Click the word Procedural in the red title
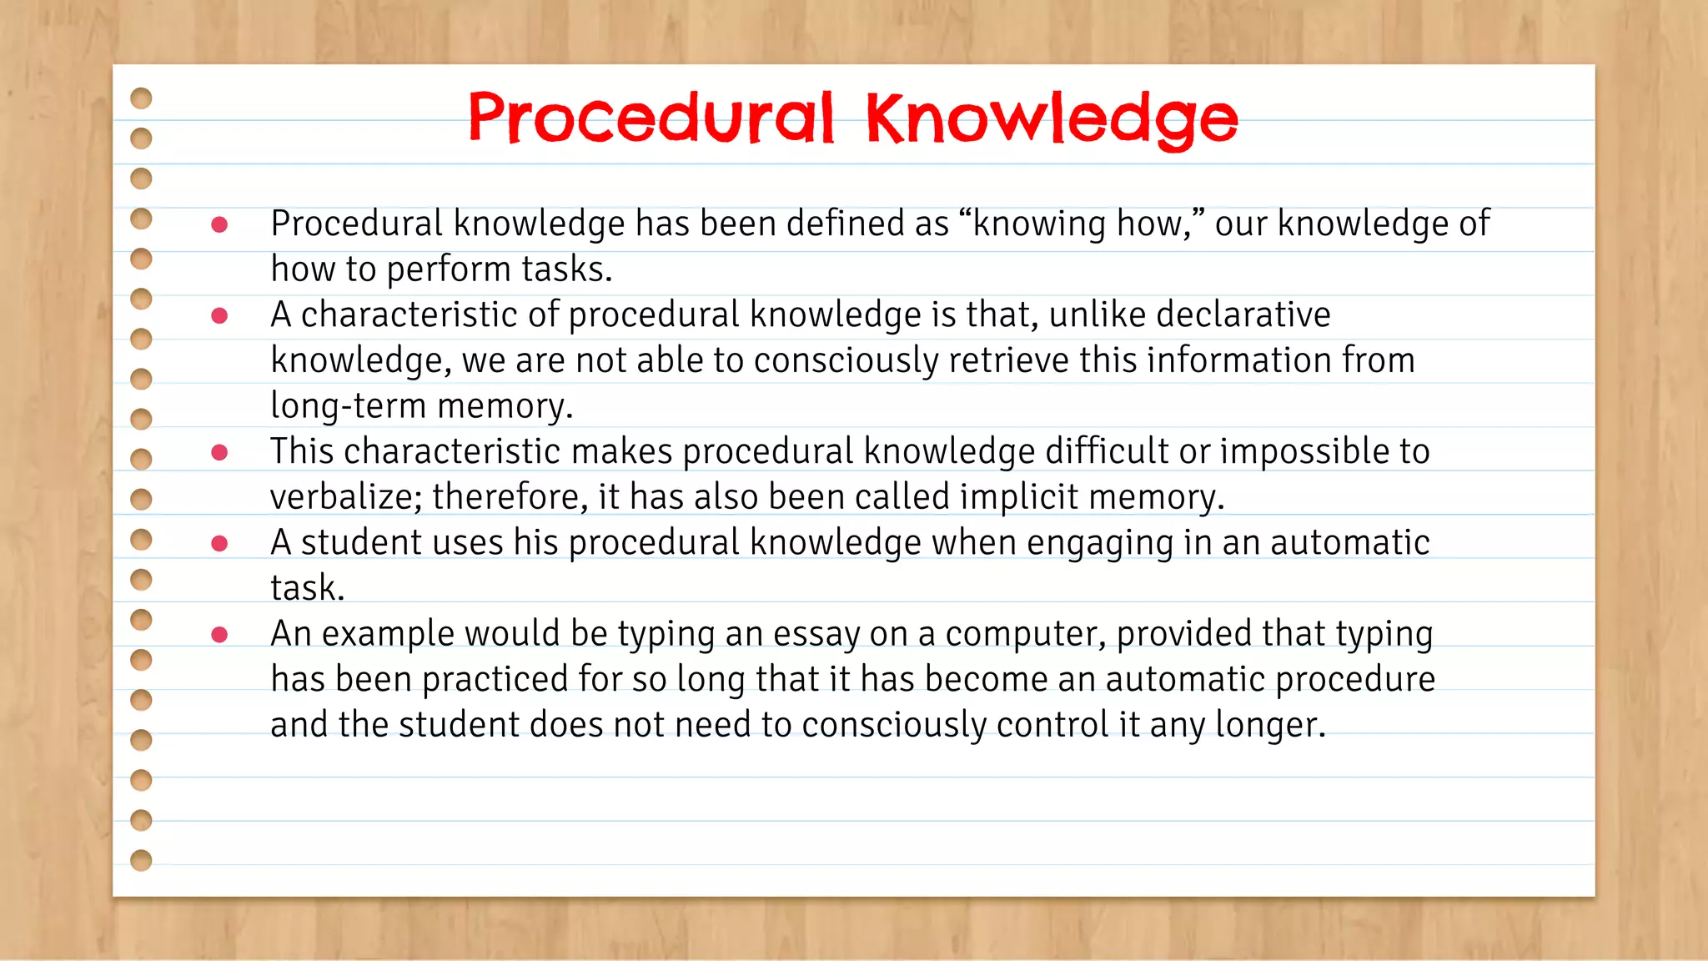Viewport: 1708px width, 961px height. point(651,118)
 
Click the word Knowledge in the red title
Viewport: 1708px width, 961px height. point(1052,118)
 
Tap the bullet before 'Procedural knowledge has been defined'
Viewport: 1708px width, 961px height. point(219,224)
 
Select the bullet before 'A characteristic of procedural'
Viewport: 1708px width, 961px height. point(219,315)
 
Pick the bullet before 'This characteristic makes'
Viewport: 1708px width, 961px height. point(219,452)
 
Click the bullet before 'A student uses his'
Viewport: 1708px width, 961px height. point(219,544)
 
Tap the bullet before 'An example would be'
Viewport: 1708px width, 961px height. point(219,635)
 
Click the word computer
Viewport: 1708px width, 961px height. point(1025,635)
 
